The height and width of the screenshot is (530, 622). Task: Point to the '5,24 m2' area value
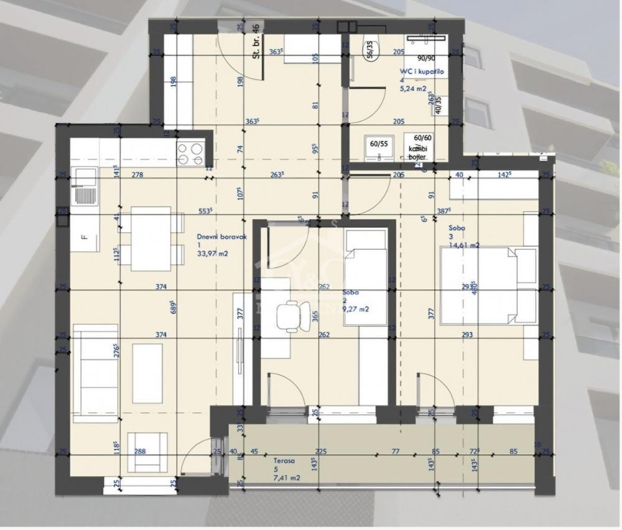[414, 88]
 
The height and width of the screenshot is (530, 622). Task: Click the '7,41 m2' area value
[287, 478]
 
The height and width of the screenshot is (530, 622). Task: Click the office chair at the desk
[292, 315]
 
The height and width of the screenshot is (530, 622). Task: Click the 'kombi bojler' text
[417, 153]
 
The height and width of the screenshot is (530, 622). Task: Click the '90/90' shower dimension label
[426, 58]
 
